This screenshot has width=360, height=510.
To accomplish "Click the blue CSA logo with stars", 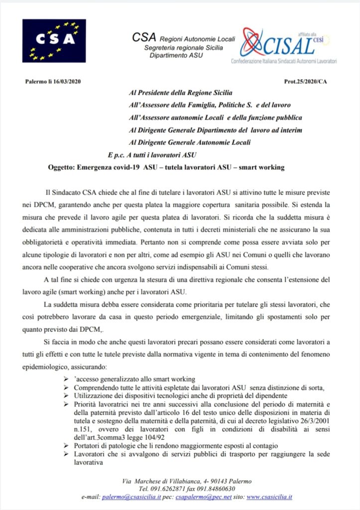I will (54, 40).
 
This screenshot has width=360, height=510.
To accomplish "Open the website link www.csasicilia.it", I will (269, 497).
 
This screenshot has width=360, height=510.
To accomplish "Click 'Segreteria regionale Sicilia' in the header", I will (183, 47).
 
